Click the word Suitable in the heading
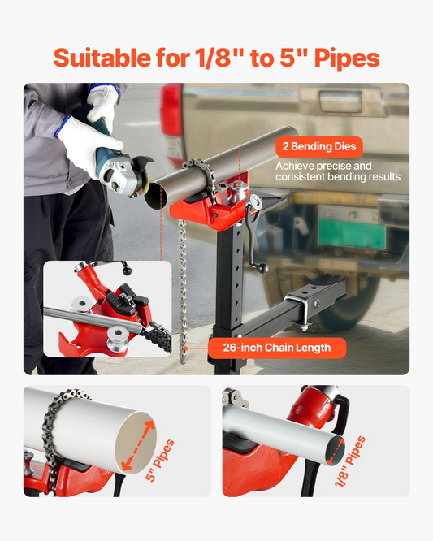[102, 58]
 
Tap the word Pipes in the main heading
[347, 58]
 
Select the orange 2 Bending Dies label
[319, 147]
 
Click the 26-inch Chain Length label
[277, 348]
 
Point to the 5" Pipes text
[160, 461]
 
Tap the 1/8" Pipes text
[349, 461]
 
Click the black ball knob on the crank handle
[263, 268]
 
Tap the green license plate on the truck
[351, 234]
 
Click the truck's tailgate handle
[341, 102]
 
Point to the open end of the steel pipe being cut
[156, 196]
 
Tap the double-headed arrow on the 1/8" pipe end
[335, 452]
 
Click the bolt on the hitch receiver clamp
[317, 304]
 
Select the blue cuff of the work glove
[63, 125]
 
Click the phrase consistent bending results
[338, 177]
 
